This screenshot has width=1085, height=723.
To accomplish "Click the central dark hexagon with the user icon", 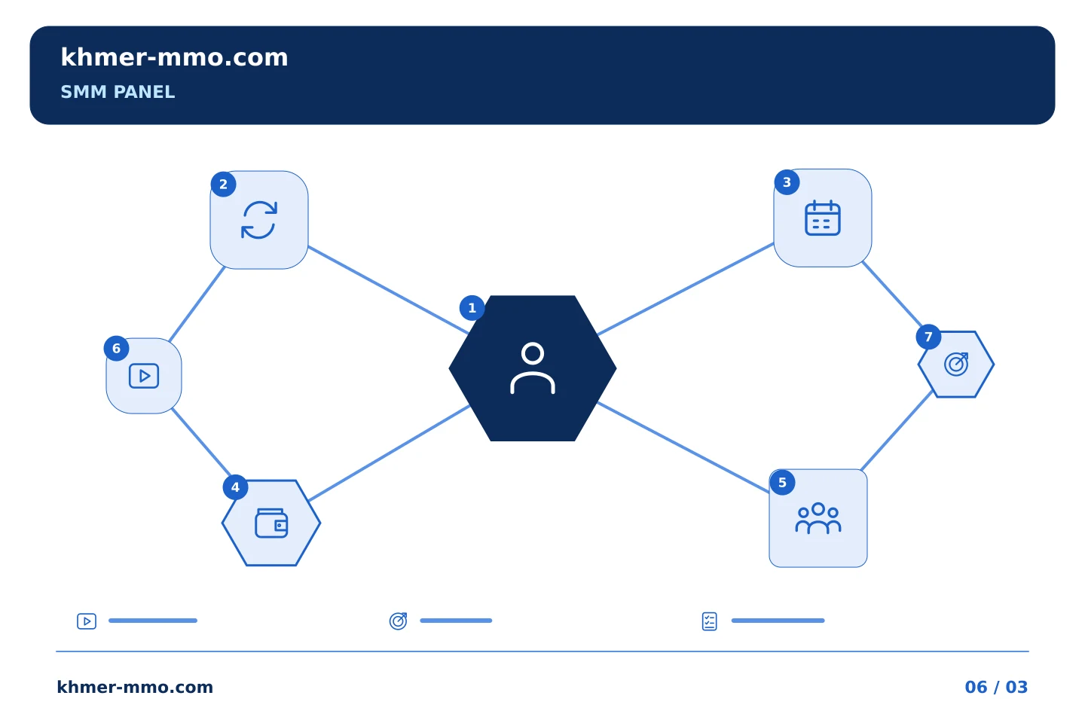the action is [x=532, y=368].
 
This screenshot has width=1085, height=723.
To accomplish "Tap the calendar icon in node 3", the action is [x=823, y=218].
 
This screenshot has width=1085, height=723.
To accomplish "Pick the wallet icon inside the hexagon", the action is [x=271, y=523].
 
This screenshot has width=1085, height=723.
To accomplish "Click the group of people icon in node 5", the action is [x=818, y=519].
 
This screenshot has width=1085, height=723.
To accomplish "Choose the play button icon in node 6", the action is [x=144, y=376].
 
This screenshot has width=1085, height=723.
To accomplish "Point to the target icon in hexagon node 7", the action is [x=956, y=365].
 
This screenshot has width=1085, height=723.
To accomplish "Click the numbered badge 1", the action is [x=472, y=308].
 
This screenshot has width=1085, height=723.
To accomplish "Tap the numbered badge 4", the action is [x=235, y=487].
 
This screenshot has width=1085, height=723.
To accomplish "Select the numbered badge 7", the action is [x=928, y=337].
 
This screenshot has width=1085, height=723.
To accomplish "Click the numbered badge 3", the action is [x=787, y=182].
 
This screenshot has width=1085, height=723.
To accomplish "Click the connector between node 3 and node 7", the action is [x=892, y=294].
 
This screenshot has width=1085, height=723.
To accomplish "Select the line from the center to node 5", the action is [x=683, y=448].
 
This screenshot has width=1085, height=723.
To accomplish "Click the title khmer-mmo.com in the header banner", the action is [x=174, y=57].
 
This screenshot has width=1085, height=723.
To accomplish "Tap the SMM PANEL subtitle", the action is [x=118, y=92].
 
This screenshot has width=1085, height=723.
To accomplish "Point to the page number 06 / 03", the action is [x=996, y=687].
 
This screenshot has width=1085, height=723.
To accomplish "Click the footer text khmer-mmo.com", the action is [x=135, y=687].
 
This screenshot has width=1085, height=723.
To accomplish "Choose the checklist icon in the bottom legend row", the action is [x=709, y=621].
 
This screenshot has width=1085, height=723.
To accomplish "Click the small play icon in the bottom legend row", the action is [x=87, y=621].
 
